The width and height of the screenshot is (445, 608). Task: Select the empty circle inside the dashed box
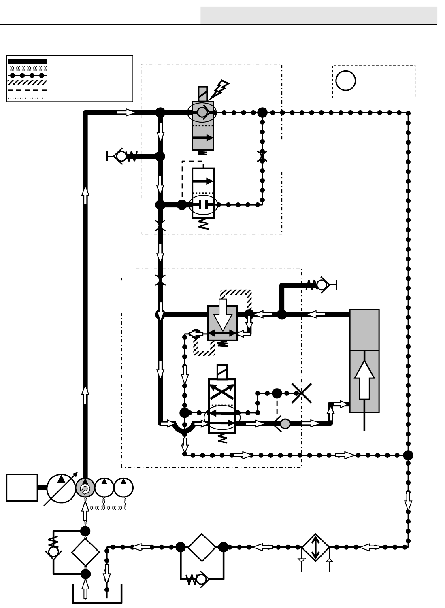coord(345,81)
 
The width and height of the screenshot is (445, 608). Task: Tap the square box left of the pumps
coord(22,488)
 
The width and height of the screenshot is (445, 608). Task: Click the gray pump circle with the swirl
coord(85,488)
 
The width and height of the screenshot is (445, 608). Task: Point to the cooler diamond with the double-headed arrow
coord(315,547)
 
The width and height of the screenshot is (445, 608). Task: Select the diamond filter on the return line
coord(202,547)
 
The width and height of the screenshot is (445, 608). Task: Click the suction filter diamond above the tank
coord(85,552)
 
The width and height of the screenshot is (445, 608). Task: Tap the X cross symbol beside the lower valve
coord(302,393)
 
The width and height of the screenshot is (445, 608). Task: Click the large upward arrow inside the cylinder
coord(364,380)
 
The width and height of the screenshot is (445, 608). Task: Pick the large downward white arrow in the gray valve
coord(222,315)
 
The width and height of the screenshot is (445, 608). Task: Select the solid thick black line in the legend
coord(27,61)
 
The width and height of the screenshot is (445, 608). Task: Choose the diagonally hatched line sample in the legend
coord(27,83)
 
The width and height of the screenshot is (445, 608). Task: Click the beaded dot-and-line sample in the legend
coord(27,75)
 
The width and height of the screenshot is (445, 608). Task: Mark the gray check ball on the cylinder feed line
coord(285,424)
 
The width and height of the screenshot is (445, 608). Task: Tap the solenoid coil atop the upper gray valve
coord(202,94)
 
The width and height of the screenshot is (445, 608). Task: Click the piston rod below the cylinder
coord(365,422)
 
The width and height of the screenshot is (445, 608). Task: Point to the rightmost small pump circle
coord(123,488)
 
